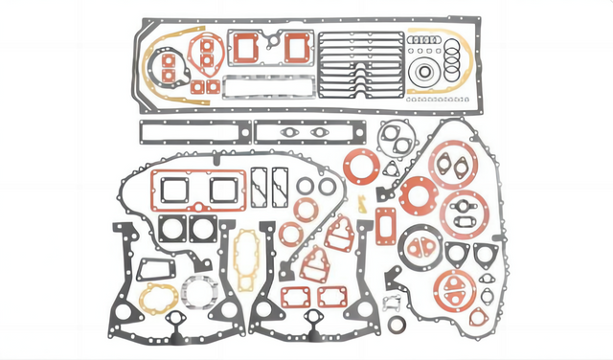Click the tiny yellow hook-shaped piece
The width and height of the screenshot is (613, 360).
point(363,204)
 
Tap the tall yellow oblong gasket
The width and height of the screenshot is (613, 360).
point(244,259)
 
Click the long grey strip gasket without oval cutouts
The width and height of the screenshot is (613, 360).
point(194,131)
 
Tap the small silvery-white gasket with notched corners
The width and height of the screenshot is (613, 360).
point(391,304)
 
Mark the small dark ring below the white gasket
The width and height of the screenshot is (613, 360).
point(397,324)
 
